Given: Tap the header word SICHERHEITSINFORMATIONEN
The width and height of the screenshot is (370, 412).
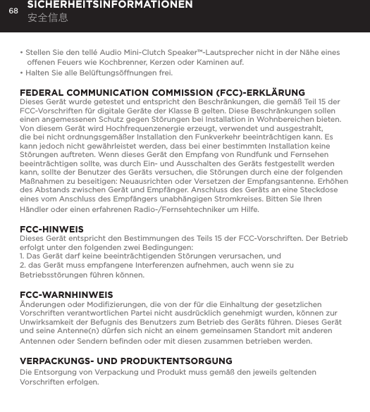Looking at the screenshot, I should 110,5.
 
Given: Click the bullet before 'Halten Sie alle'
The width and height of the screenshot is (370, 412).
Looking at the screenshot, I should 22,73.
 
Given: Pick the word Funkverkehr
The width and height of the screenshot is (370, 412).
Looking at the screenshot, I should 216,138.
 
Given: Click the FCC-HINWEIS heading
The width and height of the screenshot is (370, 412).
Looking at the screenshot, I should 52,230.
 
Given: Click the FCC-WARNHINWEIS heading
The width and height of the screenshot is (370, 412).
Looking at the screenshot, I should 66,294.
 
